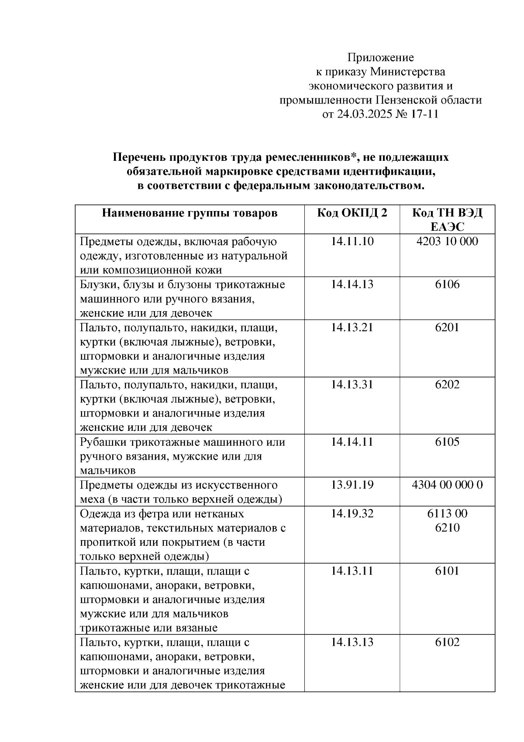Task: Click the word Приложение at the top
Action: click(380, 58)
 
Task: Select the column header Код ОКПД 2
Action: click(352, 213)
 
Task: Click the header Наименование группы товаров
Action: click(190, 213)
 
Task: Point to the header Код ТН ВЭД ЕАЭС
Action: click(447, 220)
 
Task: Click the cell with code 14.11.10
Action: click(352, 242)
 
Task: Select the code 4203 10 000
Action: click(447, 242)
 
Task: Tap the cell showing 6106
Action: click(447, 284)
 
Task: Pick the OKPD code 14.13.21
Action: click(352, 327)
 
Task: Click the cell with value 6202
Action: click(447, 385)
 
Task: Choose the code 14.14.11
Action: click(352, 442)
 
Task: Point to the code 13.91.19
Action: click(352, 485)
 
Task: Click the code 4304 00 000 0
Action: click(447, 485)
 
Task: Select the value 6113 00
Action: click(447, 513)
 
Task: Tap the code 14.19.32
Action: click(352, 513)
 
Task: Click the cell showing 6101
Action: click(447, 571)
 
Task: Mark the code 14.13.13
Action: click(352, 642)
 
